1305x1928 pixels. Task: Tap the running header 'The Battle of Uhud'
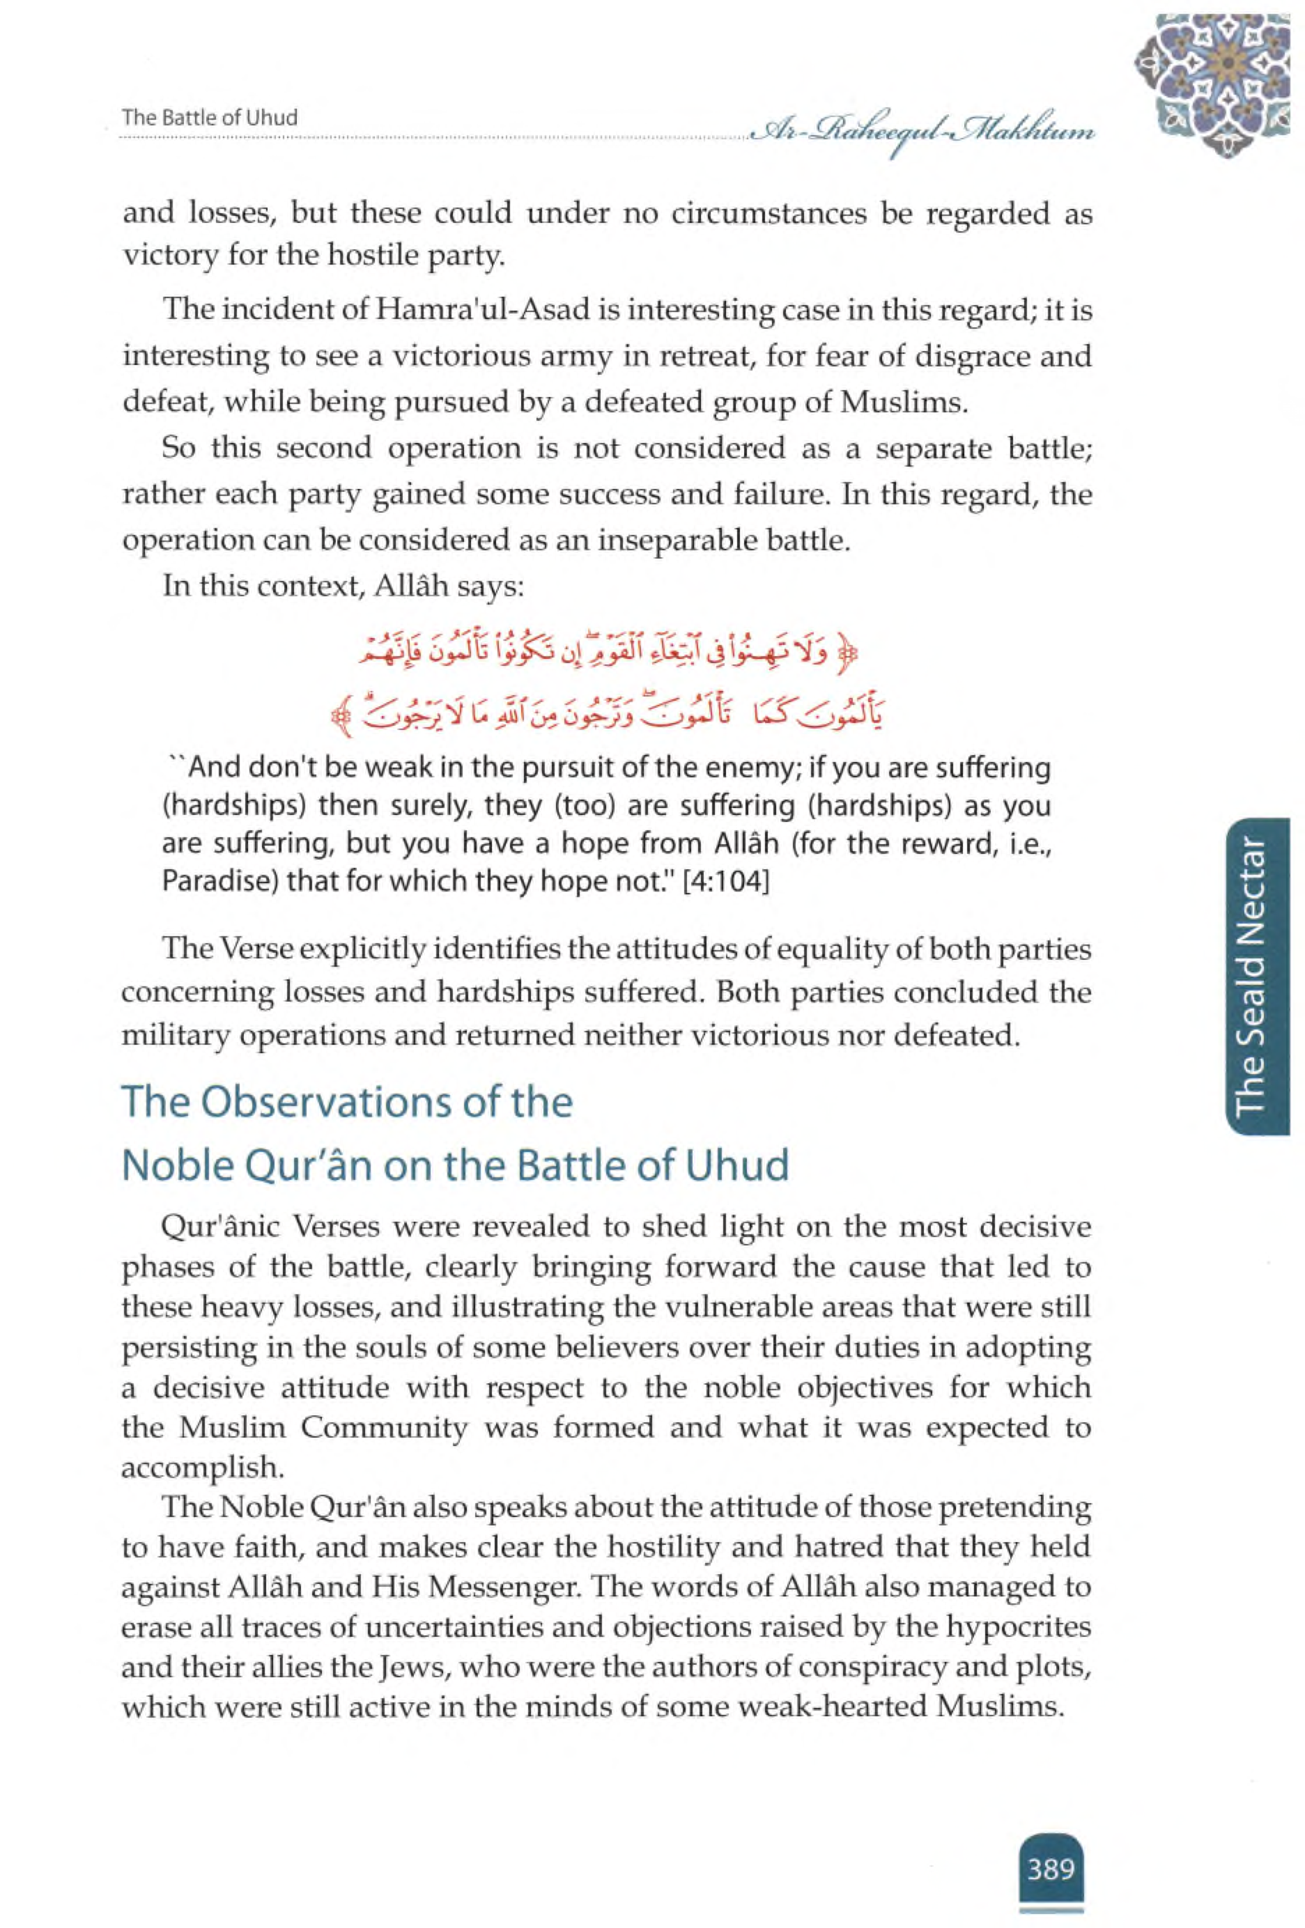point(209,118)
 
